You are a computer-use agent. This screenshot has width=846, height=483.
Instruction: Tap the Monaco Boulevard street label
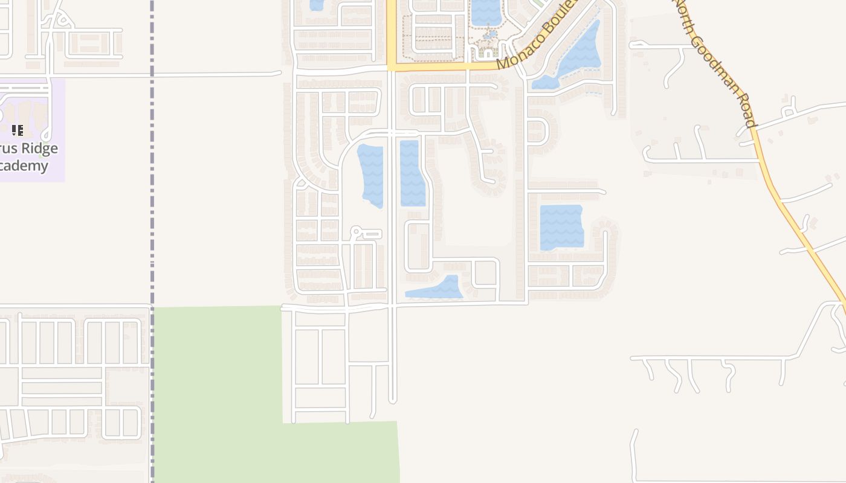534,36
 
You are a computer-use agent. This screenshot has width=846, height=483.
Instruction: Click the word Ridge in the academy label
37,149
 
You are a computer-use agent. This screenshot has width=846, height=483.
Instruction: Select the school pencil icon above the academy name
18,130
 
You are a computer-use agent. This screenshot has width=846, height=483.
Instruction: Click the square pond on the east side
561,227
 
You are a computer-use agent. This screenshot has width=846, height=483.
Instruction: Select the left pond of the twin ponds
371,174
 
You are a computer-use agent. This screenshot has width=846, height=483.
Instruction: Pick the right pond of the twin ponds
412,173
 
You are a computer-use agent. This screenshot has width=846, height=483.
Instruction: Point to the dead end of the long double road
392,400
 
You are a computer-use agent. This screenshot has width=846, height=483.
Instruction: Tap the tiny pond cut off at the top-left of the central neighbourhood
316,5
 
